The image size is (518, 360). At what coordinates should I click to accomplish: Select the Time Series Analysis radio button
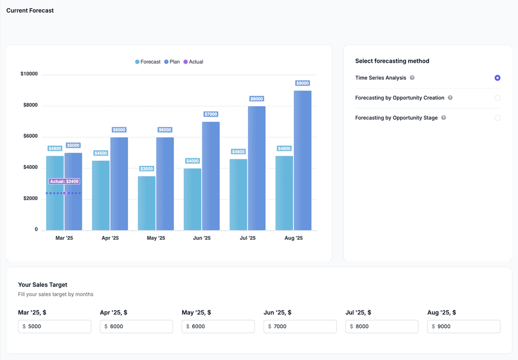[497, 78]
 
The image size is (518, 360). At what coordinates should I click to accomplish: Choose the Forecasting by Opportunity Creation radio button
[497, 98]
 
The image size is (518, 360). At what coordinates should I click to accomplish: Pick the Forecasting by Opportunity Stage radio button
[497, 118]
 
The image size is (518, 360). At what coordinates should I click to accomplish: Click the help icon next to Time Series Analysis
[412, 78]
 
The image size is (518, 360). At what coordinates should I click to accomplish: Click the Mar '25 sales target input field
[55, 327]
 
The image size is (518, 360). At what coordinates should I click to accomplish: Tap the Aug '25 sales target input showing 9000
[464, 327]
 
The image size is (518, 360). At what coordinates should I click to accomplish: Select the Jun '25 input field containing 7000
[300, 327]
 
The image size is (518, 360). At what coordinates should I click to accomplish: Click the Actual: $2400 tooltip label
[64, 182]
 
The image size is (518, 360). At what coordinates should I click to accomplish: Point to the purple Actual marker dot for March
[64, 193]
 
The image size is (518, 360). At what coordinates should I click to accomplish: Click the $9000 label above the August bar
[303, 83]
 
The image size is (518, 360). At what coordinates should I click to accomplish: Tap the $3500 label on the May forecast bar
[147, 169]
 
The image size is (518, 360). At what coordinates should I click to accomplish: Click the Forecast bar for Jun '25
[192, 199]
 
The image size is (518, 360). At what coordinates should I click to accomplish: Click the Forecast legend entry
[148, 62]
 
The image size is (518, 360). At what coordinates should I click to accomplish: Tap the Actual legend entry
[193, 62]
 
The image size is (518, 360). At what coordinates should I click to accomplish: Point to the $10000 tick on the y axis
[29, 74]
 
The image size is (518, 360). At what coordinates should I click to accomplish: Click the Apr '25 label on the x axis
[110, 238]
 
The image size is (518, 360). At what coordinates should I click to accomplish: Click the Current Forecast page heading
[30, 11]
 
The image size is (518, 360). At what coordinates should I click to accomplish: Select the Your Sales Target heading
[42, 285]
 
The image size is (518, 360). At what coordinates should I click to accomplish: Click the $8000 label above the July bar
[256, 99]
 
